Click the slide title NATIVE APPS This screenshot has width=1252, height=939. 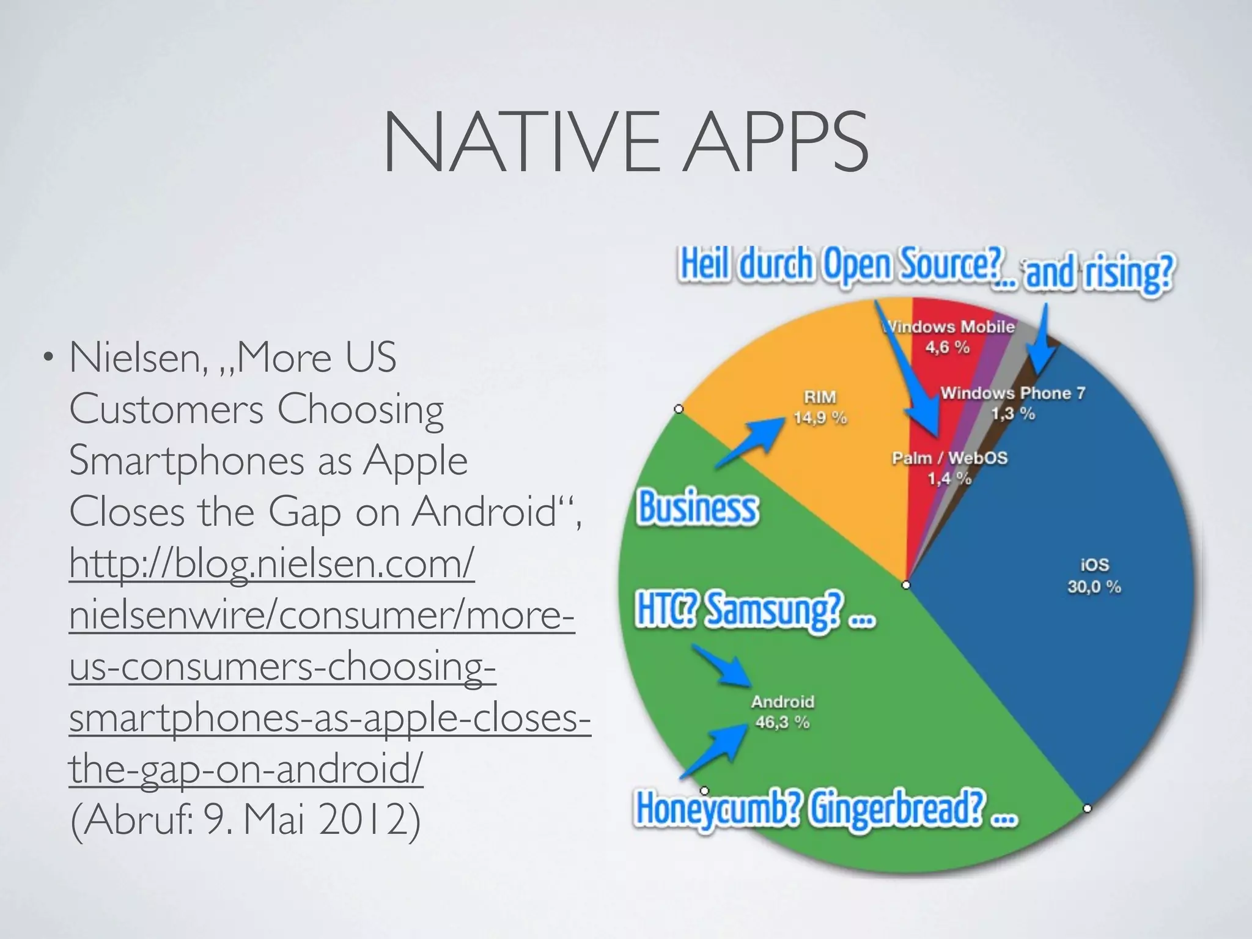tap(625, 142)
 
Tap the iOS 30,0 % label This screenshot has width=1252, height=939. tap(1094, 576)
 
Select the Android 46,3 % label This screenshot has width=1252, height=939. tap(782, 712)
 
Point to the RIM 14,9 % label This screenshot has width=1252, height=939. tap(820, 407)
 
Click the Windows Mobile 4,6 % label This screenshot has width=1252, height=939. tap(949, 337)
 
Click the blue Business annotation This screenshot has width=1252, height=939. tap(698, 508)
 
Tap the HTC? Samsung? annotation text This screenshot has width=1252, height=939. tap(755, 611)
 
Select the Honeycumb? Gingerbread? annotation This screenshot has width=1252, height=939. tap(825, 809)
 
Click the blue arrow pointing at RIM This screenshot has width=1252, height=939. tap(752, 441)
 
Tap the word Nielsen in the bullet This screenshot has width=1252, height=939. tap(138, 357)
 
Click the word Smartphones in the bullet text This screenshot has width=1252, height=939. tap(186, 460)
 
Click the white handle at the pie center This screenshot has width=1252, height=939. tap(906, 585)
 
